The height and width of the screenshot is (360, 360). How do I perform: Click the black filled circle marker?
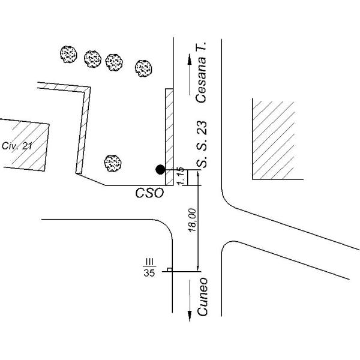point(160,170)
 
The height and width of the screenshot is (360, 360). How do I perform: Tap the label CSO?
point(149,193)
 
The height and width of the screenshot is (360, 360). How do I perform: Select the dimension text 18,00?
point(192,220)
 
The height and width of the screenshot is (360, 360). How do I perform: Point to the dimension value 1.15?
point(181,176)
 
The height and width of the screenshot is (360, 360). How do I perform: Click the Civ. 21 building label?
point(17,146)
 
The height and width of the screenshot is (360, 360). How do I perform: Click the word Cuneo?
point(202,296)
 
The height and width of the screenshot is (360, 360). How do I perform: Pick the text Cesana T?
point(201,72)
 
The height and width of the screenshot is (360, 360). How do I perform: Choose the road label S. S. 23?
point(202,144)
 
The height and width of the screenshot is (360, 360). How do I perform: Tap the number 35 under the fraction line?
point(149,273)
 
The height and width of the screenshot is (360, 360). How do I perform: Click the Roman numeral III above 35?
point(149,262)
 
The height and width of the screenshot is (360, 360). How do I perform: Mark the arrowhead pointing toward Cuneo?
point(190,316)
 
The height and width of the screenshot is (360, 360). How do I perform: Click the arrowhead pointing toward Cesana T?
point(190,59)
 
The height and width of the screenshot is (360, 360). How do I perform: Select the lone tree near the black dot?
point(113,163)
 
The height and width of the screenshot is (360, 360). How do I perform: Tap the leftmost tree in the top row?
point(68,55)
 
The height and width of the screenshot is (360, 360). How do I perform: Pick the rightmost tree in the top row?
point(143,68)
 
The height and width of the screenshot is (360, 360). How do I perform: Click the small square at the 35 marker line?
point(170,270)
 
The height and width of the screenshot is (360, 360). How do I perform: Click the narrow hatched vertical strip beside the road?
point(169,137)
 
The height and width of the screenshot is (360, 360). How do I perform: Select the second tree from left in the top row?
point(92,59)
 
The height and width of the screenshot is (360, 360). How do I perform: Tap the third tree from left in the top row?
point(114,62)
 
